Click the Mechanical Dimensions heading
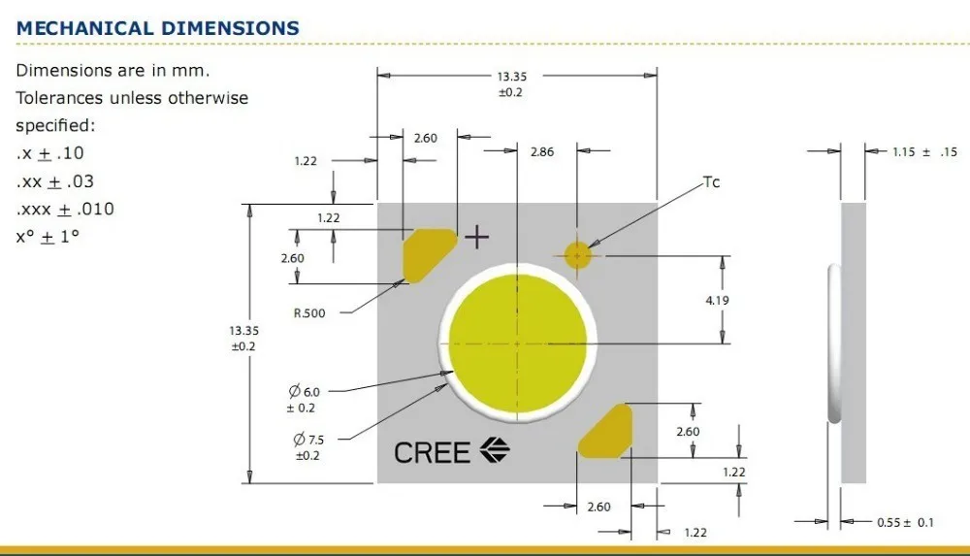[158, 28]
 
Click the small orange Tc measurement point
[578, 255]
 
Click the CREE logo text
[432, 451]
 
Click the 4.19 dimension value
[717, 300]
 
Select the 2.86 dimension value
[541, 151]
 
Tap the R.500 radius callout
[309, 312]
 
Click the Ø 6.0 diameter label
[304, 391]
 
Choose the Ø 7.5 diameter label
[304, 440]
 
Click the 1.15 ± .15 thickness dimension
[924, 151]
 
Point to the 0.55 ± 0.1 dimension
[905, 522]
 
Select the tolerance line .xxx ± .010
[65, 209]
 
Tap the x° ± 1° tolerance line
[47, 236]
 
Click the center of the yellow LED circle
[516, 343]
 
